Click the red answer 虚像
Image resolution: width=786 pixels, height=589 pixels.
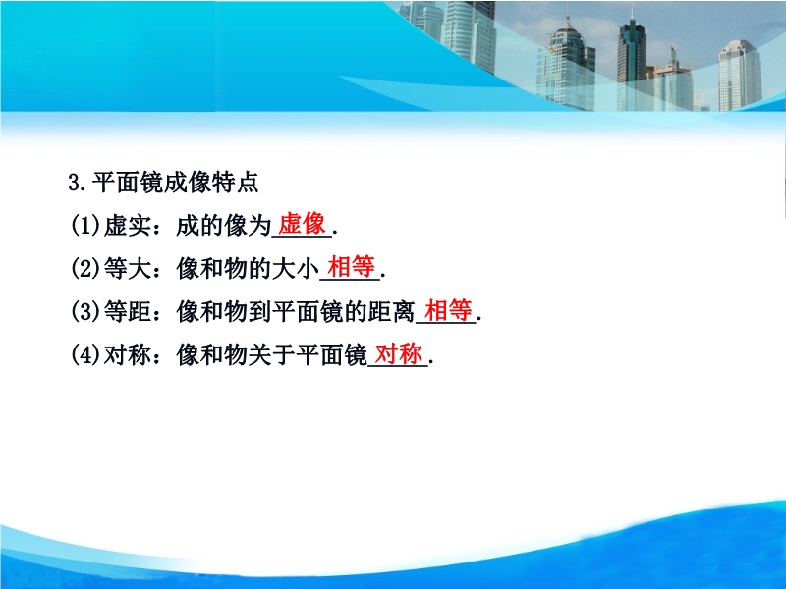click(x=302, y=224)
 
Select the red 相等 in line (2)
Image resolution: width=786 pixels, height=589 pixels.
click(x=351, y=266)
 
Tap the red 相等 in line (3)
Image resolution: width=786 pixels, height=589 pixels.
click(x=448, y=309)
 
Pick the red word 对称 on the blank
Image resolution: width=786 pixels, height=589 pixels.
click(x=399, y=353)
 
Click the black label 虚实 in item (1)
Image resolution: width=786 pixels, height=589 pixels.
click(x=128, y=226)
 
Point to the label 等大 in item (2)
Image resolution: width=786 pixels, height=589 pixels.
click(x=128, y=269)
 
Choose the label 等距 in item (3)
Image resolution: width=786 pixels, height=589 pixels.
click(x=128, y=312)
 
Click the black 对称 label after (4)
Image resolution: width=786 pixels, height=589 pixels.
click(x=128, y=355)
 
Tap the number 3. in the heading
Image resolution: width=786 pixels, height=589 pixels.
click(x=78, y=183)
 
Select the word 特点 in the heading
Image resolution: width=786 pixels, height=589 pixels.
click(x=235, y=182)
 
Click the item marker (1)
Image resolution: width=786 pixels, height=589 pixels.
click(x=85, y=226)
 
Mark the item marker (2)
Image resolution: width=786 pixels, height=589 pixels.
click(x=85, y=269)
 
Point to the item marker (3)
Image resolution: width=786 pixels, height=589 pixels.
click(x=85, y=312)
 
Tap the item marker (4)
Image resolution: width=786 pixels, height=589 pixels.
click(x=85, y=355)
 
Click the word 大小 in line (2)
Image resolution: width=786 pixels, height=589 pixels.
click(x=296, y=269)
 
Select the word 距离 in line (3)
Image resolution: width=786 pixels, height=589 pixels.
click(x=392, y=312)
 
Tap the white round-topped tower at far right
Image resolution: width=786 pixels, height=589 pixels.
click(x=740, y=76)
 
